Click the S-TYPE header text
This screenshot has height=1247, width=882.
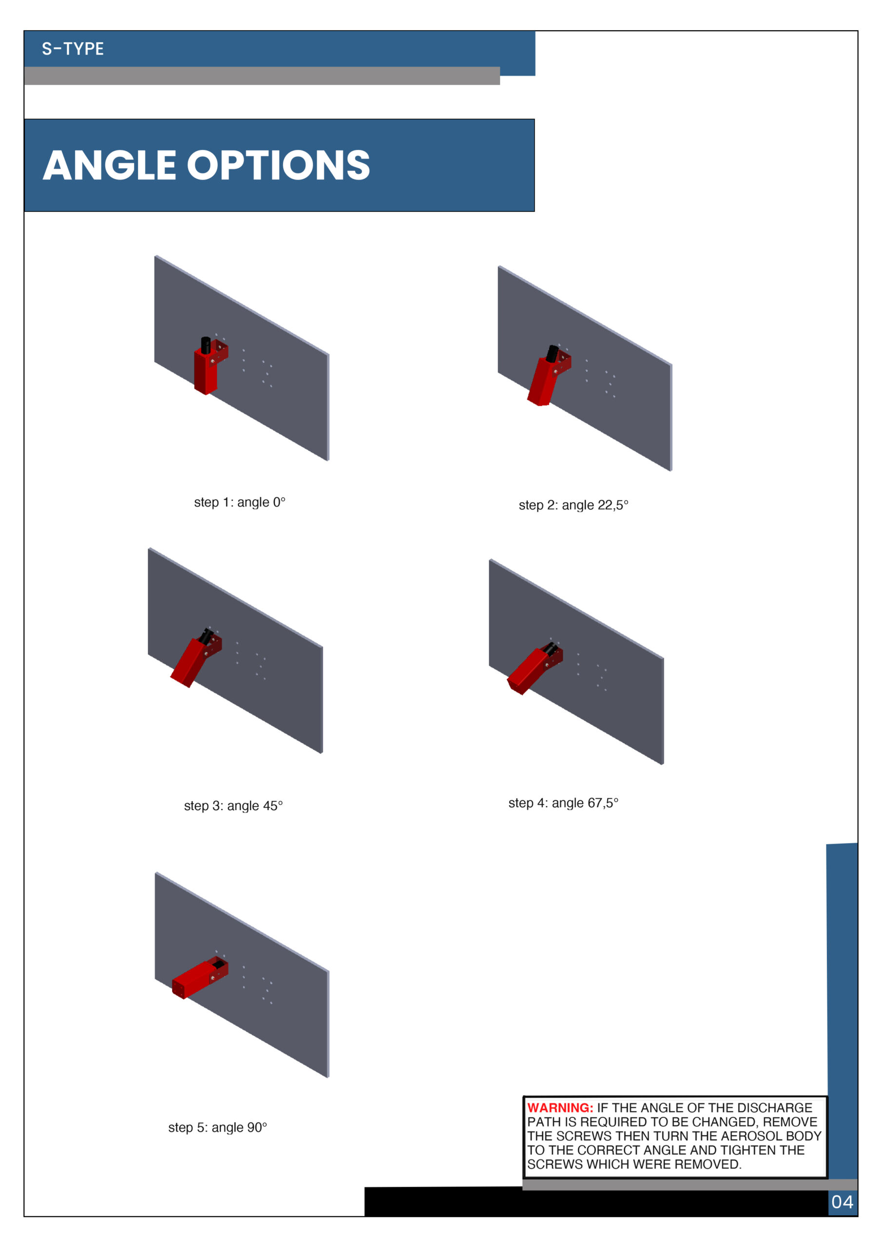tap(73, 49)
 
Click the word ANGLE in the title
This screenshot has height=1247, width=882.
tap(109, 166)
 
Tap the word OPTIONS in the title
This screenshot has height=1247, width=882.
tap(279, 166)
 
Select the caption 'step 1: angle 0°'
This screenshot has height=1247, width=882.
tap(240, 502)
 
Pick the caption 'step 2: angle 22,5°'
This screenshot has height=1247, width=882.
tap(574, 505)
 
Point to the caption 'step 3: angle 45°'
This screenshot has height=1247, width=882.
tap(233, 806)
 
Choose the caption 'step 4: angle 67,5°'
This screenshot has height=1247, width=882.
tap(563, 803)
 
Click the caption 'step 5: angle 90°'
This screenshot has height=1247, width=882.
tap(217, 1128)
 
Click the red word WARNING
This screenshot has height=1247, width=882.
tap(560, 1108)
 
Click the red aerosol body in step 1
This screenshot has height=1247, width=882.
tap(206, 372)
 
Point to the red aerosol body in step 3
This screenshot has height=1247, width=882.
tap(190, 662)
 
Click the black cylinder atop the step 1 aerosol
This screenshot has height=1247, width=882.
tap(206, 345)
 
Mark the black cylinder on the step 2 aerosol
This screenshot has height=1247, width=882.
tap(552, 354)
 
